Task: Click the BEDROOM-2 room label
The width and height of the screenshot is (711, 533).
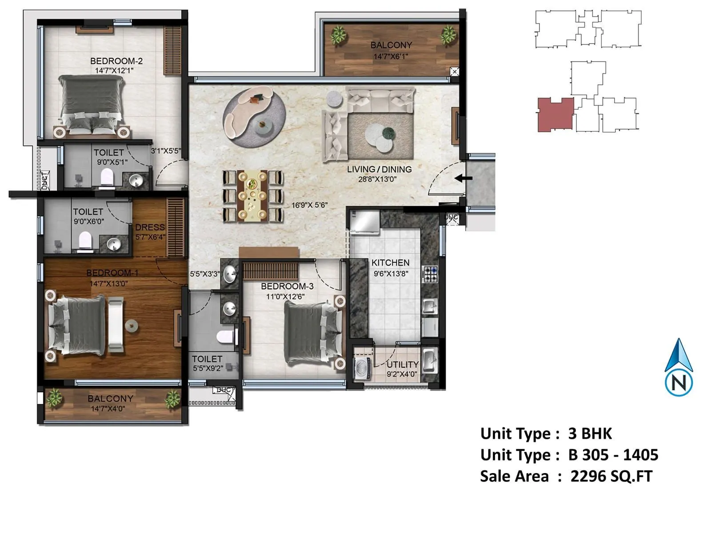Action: click(116, 61)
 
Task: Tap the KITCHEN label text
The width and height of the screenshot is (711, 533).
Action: click(390, 263)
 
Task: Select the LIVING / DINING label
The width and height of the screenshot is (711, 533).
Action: click(379, 169)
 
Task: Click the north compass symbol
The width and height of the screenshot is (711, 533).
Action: click(679, 368)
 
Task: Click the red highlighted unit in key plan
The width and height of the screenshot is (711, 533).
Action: click(555, 114)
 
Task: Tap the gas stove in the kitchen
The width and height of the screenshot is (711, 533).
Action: click(431, 274)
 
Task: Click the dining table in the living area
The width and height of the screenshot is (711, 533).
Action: click(252, 196)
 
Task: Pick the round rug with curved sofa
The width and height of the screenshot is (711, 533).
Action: click(254, 117)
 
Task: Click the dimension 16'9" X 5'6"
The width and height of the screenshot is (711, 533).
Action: click(309, 205)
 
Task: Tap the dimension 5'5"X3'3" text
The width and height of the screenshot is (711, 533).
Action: click(205, 274)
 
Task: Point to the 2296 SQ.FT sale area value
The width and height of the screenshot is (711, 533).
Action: click(611, 476)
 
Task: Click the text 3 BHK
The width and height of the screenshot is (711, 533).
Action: click(590, 434)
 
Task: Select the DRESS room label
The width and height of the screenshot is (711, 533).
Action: click(150, 227)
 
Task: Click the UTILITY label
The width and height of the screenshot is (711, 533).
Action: click(403, 364)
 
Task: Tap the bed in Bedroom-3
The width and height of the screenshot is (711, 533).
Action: click(312, 333)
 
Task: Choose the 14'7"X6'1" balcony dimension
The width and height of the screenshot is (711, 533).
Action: click(391, 56)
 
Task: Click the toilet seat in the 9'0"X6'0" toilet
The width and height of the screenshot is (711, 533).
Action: click(85, 240)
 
